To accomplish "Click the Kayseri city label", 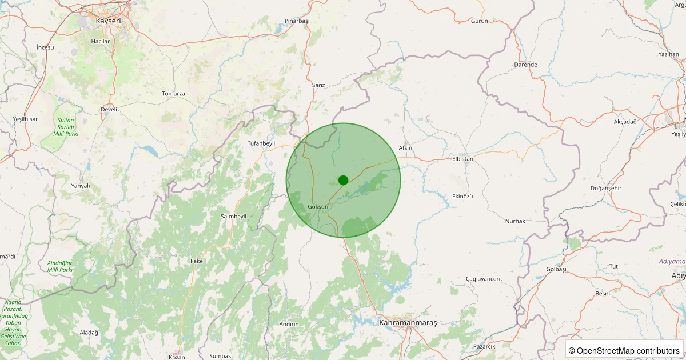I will point(108,21).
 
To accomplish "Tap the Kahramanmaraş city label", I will point(408,323).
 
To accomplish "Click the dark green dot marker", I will point(343,180).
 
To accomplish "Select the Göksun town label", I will point(318,206).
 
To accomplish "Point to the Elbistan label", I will point(462,159).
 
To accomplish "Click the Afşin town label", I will point(405,148).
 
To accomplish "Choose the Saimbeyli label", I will point(233,216).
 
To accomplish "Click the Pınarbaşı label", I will point(297,21).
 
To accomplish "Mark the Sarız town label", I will point(318,85).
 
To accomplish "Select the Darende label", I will point(525,65).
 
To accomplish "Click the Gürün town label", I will point(479,21).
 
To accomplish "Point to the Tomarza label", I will point(173,93).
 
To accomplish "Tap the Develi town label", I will point(109,109).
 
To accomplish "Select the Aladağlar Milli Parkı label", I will point(59,266).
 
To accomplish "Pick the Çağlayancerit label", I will point(484,279).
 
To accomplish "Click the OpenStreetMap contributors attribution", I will point(624,350).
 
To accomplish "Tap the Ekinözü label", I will point(462,196).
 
